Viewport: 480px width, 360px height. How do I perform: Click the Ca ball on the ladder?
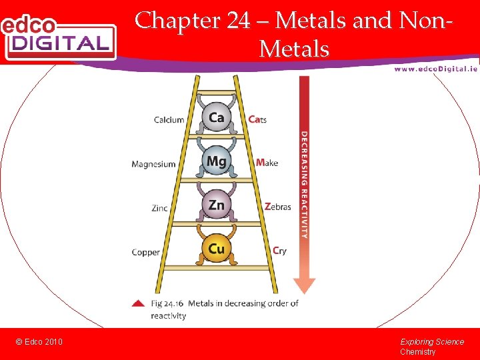(216, 117)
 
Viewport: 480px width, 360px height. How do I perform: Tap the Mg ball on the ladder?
(216, 161)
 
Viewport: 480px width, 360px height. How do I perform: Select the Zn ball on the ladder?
(216, 205)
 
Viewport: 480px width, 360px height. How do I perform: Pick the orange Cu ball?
(216, 249)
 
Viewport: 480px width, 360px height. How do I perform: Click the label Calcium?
(169, 120)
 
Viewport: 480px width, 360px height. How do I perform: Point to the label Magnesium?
(153, 164)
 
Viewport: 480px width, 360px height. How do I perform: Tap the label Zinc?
(160, 208)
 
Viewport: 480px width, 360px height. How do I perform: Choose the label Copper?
(146, 252)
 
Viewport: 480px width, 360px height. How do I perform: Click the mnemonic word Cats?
(257, 120)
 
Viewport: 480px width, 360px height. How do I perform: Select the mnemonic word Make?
(267, 163)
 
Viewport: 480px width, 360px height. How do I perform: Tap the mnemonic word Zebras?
(277, 207)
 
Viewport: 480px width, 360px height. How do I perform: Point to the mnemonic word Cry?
(279, 251)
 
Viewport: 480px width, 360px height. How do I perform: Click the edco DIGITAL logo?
(58, 37)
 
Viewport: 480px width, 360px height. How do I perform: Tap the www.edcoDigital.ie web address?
(435, 69)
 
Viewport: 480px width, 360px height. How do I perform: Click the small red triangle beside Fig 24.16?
(138, 303)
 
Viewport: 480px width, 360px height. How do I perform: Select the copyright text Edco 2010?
(39, 342)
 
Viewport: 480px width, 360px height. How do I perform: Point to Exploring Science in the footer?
(432, 342)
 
